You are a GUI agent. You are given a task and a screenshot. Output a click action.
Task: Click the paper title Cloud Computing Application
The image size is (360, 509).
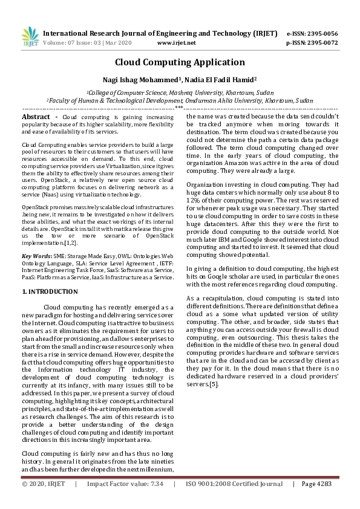click(x=180, y=62)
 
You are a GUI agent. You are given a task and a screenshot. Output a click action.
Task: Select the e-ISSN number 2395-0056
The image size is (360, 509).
click(x=321, y=33)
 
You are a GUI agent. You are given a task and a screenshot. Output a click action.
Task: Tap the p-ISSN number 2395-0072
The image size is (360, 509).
click(x=321, y=43)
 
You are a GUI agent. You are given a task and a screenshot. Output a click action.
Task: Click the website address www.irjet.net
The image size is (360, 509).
click(x=176, y=43)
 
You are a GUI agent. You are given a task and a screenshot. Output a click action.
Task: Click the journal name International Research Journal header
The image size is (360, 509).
click(x=121, y=33)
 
